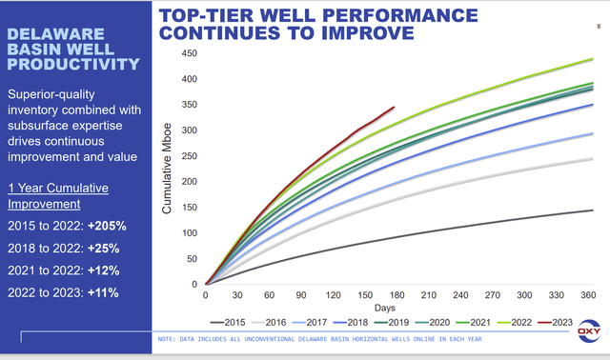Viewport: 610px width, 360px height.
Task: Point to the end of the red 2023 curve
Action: (x=394, y=108)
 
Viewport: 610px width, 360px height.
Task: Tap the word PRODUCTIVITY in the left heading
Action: (x=72, y=65)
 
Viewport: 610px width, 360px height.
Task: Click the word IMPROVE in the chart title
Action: (x=358, y=32)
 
